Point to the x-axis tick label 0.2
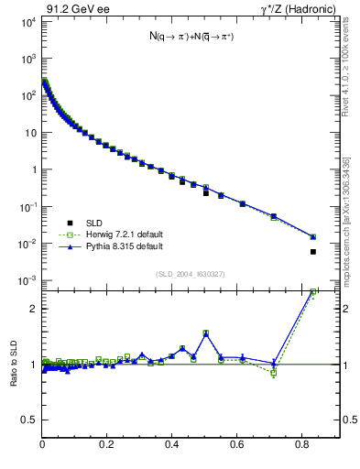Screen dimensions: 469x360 (x=107, y=444)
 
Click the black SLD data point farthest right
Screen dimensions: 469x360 (x=313, y=252)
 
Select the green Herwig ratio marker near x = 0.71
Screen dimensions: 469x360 (x=274, y=373)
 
